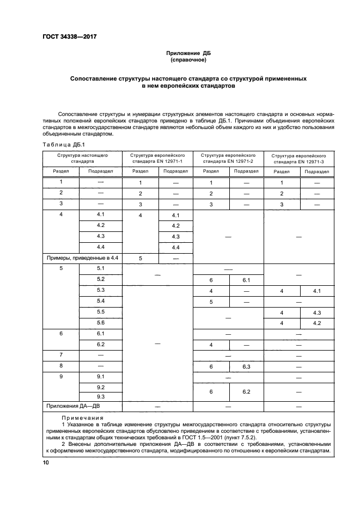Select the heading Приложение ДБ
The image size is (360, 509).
(x=188, y=53)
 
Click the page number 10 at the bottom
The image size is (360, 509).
(x=46, y=463)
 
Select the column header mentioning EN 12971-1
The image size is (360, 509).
(x=157, y=158)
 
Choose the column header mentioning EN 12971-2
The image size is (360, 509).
(x=228, y=158)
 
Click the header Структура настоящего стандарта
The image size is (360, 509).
(x=82, y=158)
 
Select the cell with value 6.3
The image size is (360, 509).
(x=246, y=366)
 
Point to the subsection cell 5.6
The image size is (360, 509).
(x=101, y=323)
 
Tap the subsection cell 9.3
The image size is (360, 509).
(x=101, y=397)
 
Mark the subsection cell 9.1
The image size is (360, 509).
(x=101, y=376)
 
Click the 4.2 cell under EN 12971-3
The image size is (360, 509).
(x=316, y=323)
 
